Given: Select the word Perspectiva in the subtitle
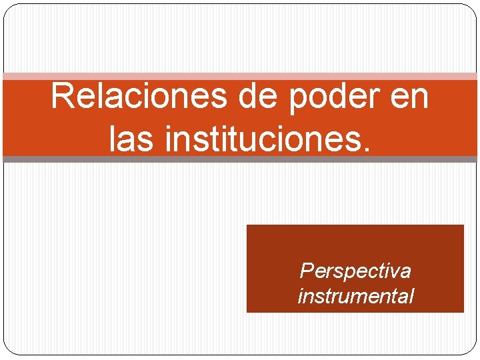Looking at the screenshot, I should pos(355,271).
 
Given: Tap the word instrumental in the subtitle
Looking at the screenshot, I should pos(355,295).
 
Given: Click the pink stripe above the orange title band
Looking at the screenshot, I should pos(240,77).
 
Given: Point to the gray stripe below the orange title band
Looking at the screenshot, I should pos(240,159).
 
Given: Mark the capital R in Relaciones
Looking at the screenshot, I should pos(63,97).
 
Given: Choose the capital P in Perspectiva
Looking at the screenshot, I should pos(307,271).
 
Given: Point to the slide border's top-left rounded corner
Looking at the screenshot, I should pos(9,9).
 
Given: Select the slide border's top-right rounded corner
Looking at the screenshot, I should pos(472,9).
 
